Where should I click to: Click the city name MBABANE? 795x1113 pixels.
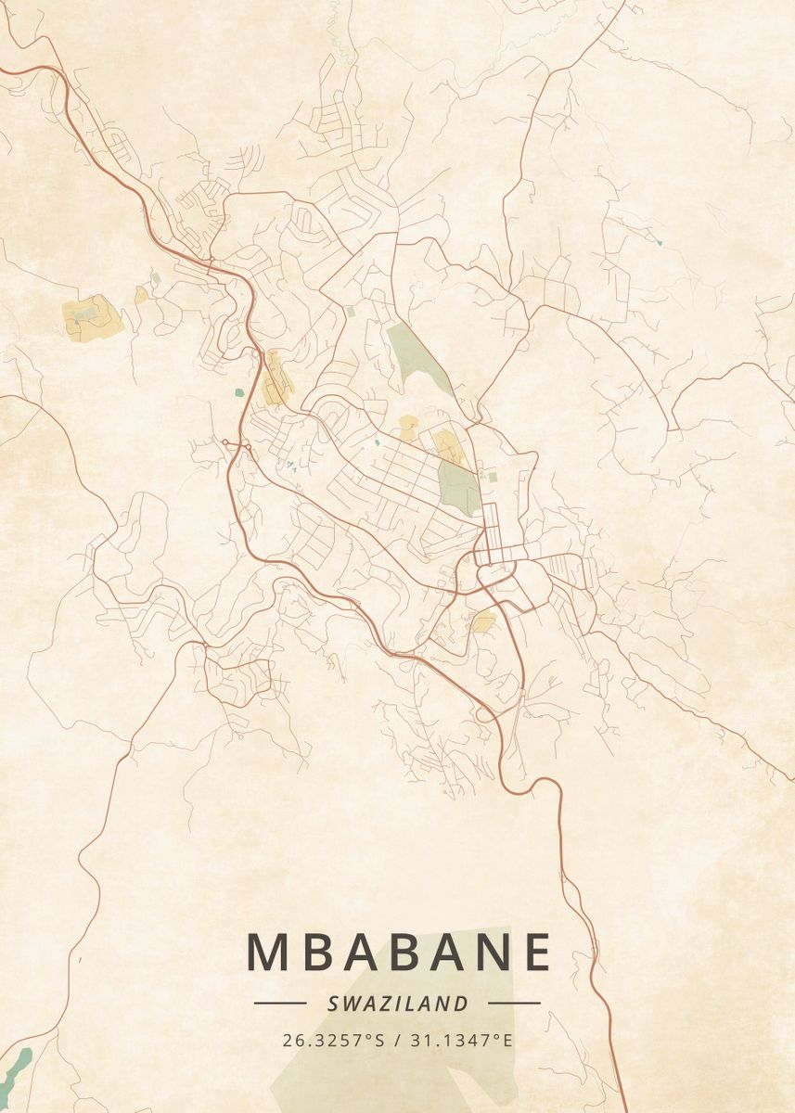(399, 952)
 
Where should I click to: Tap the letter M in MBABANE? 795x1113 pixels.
(267, 952)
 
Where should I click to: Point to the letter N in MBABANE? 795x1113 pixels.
(487, 952)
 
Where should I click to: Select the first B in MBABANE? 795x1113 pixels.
(315, 952)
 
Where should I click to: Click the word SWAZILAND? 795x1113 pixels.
(397, 1003)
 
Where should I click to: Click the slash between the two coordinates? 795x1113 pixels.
(397, 1040)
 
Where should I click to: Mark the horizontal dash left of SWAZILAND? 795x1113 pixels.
(280, 1003)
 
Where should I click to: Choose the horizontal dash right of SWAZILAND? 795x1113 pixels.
(514, 1003)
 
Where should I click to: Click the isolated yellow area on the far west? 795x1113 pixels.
(93, 318)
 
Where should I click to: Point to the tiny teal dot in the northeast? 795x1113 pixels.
(660, 242)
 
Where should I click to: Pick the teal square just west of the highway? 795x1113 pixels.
(239, 392)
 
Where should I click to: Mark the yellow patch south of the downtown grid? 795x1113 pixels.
(483, 620)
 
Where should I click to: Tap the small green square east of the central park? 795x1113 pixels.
(493, 477)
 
